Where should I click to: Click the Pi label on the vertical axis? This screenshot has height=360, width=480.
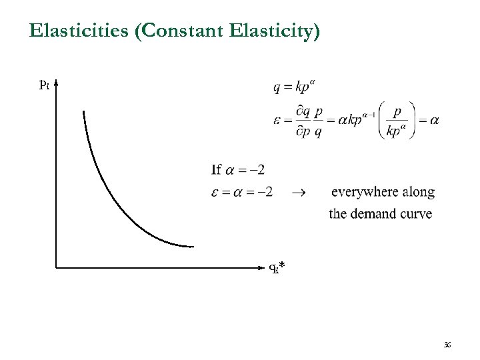(x=43, y=85)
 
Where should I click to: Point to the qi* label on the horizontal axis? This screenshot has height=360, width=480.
(x=277, y=268)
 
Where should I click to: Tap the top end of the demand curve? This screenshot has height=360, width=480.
(x=83, y=111)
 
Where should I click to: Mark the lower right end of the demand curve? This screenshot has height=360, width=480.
(x=193, y=247)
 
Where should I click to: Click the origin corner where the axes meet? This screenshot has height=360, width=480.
(x=56, y=268)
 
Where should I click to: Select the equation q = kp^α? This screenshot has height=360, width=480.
(x=294, y=87)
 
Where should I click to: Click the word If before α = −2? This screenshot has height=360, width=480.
(x=216, y=169)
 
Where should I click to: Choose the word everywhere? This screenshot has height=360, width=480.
(x=365, y=192)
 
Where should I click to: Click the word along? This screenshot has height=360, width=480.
(x=419, y=192)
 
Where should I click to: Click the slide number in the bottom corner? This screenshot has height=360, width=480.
(x=447, y=344)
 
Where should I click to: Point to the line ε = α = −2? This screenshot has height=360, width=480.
(x=242, y=192)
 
